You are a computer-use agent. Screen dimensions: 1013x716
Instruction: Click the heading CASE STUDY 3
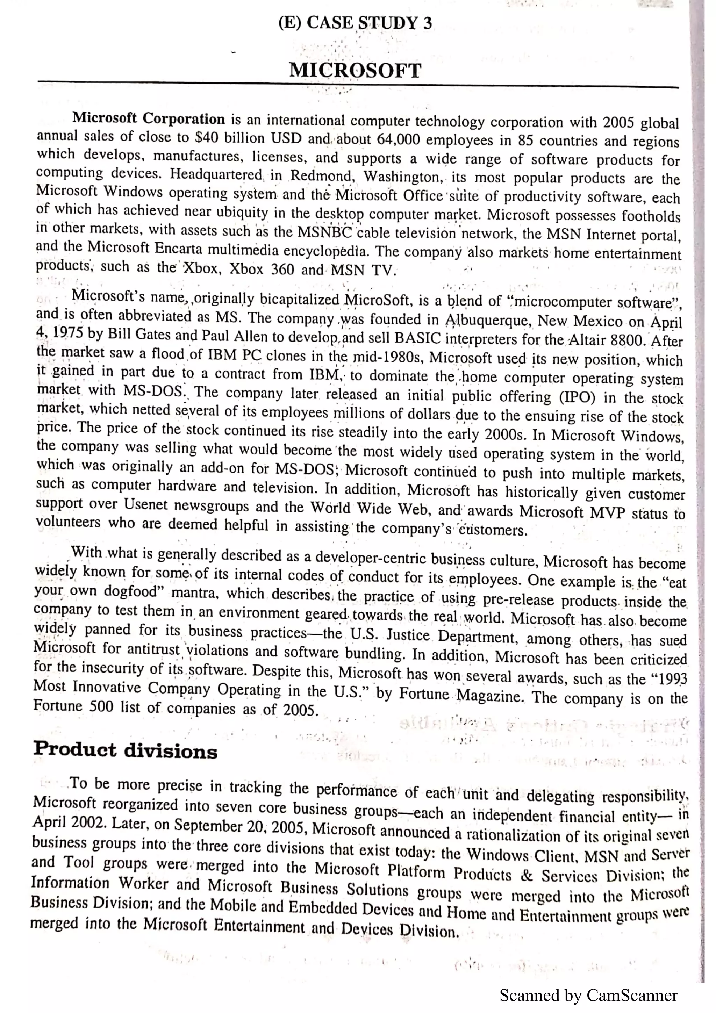tap(369, 23)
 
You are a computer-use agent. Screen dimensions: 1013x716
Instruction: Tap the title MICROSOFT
tap(355, 71)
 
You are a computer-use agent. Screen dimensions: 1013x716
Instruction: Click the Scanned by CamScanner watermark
tap(588, 996)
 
